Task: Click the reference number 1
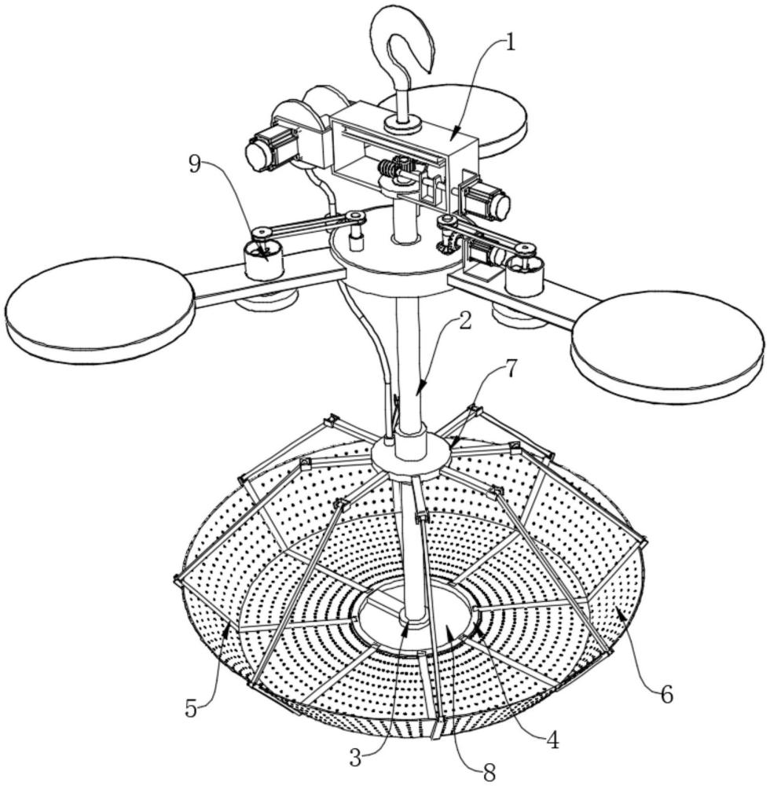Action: tap(509, 43)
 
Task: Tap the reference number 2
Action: tap(465, 322)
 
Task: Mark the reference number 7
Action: tap(509, 369)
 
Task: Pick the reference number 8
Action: tap(489, 773)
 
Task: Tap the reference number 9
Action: tap(196, 164)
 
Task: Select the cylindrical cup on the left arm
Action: tap(262, 259)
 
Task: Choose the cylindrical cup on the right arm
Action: tap(525, 274)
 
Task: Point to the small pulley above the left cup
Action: tap(261, 233)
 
